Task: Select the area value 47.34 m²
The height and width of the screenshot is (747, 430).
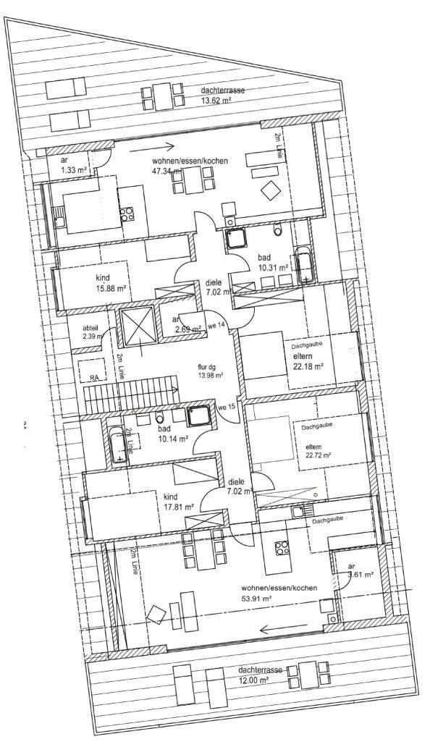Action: pyautogui.click(x=166, y=172)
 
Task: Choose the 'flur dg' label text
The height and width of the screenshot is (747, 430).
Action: pyautogui.click(x=208, y=366)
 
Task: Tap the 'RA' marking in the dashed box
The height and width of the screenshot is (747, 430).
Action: pyautogui.click(x=94, y=377)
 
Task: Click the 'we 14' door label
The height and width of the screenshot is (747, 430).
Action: pyautogui.click(x=217, y=325)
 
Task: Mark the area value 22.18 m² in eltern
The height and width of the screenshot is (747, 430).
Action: pyautogui.click(x=308, y=367)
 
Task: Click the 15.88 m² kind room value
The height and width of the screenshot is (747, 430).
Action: pyautogui.click(x=111, y=288)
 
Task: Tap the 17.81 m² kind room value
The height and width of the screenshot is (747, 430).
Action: pyautogui.click(x=174, y=507)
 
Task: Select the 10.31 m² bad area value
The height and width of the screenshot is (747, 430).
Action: pyautogui.click(x=274, y=267)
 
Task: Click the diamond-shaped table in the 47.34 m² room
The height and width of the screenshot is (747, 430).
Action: pyautogui.click(x=271, y=190)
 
